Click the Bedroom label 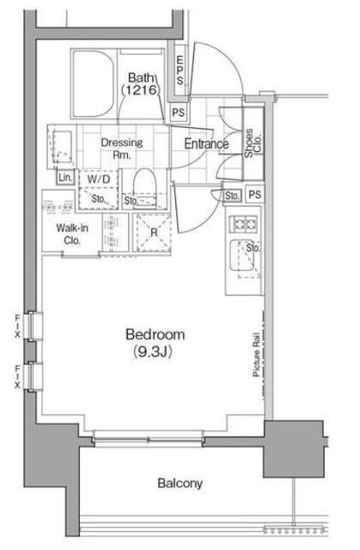click(156, 334)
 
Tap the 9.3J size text click(153, 351)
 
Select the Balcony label click(180, 483)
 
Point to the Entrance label click(206, 144)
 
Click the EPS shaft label click(180, 70)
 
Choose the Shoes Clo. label click(253, 144)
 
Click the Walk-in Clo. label click(72, 234)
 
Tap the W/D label click(99, 180)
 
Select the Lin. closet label click(65, 178)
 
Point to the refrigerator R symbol click(154, 232)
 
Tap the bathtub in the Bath click(94, 83)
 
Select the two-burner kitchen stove click(243, 223)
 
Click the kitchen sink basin click(242, 255)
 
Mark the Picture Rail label click(256, 354)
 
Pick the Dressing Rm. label click(122, 148)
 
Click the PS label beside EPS click(179, 113)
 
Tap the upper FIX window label click(17, 327)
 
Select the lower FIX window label click(17, 376)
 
